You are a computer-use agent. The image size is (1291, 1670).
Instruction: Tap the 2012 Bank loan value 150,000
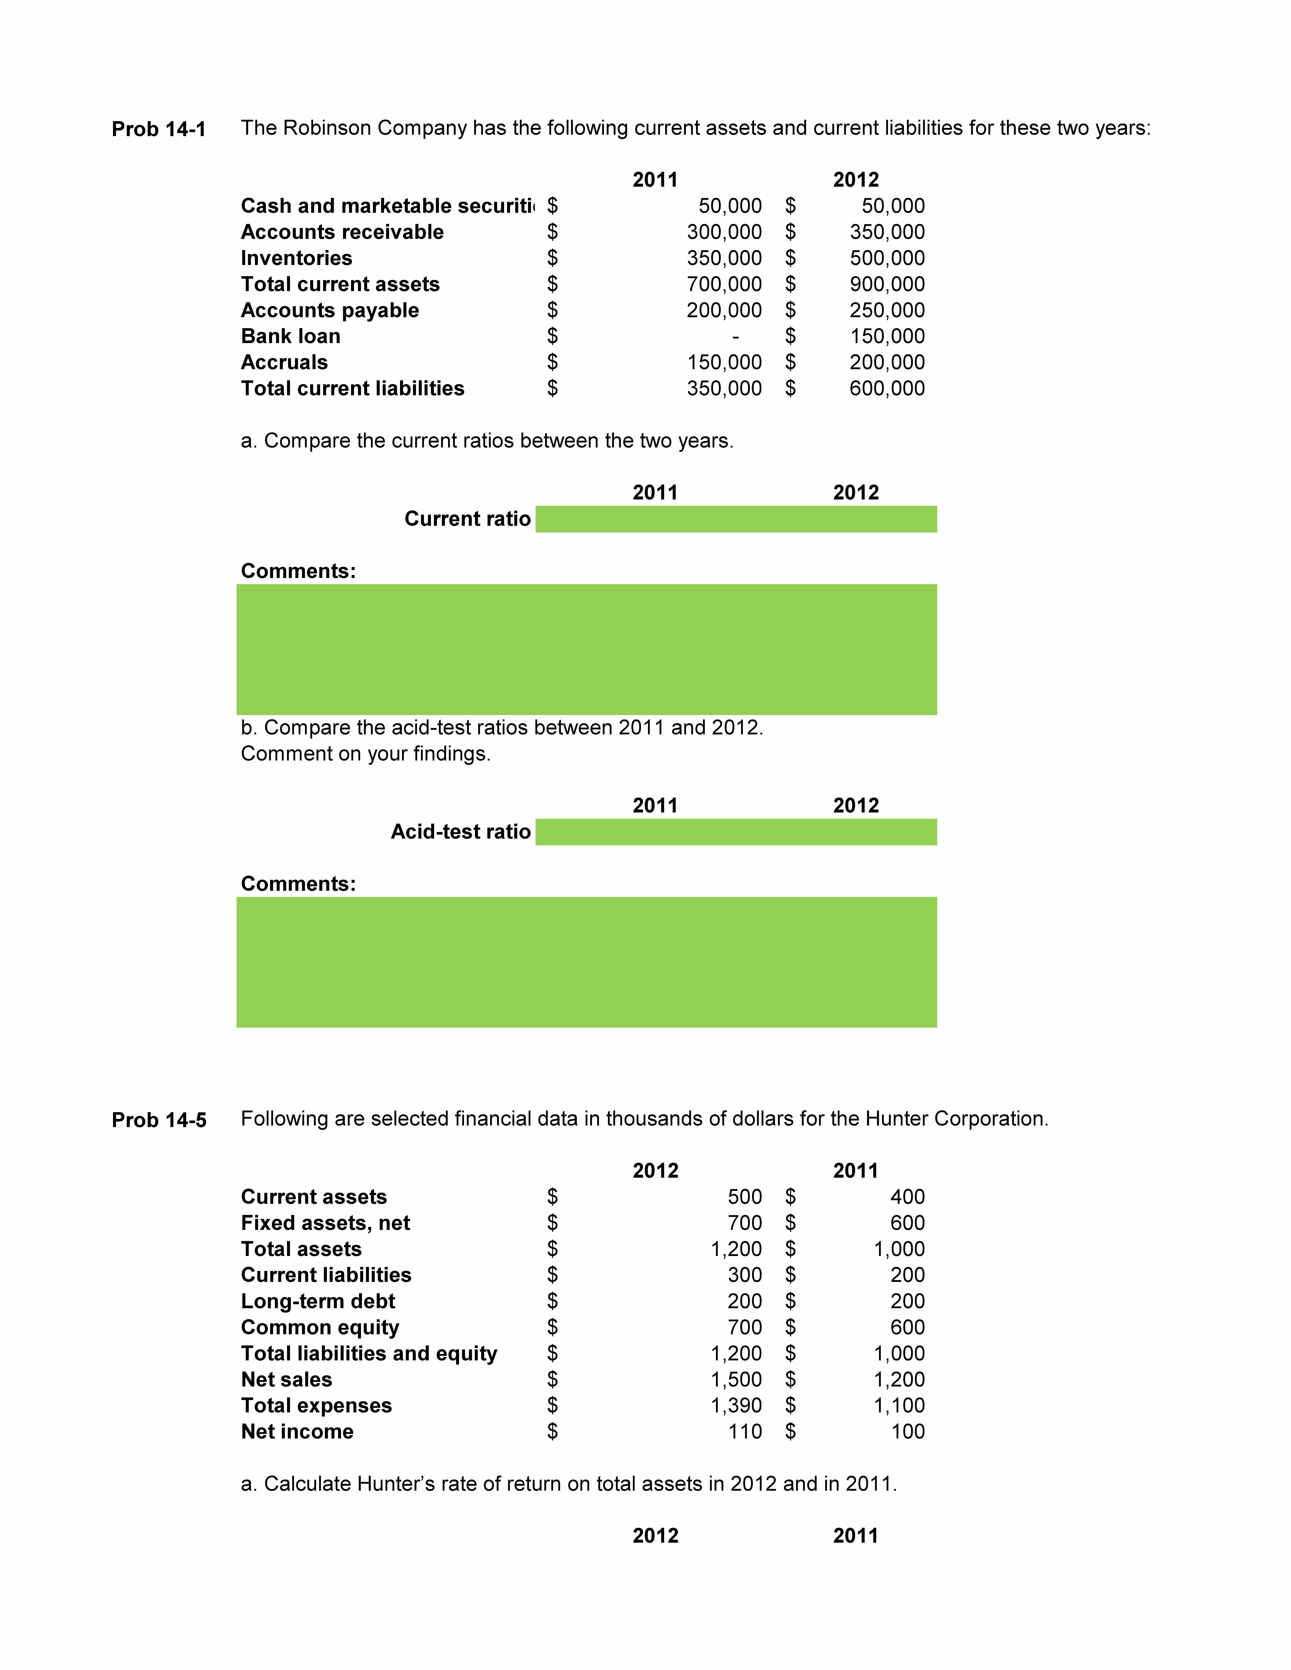coord(887,337)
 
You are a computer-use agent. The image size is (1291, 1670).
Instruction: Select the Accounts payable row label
coord(330,310)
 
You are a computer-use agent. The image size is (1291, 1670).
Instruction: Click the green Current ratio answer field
coord(736,519)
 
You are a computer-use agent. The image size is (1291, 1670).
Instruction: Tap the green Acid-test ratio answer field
coord(736,832)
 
